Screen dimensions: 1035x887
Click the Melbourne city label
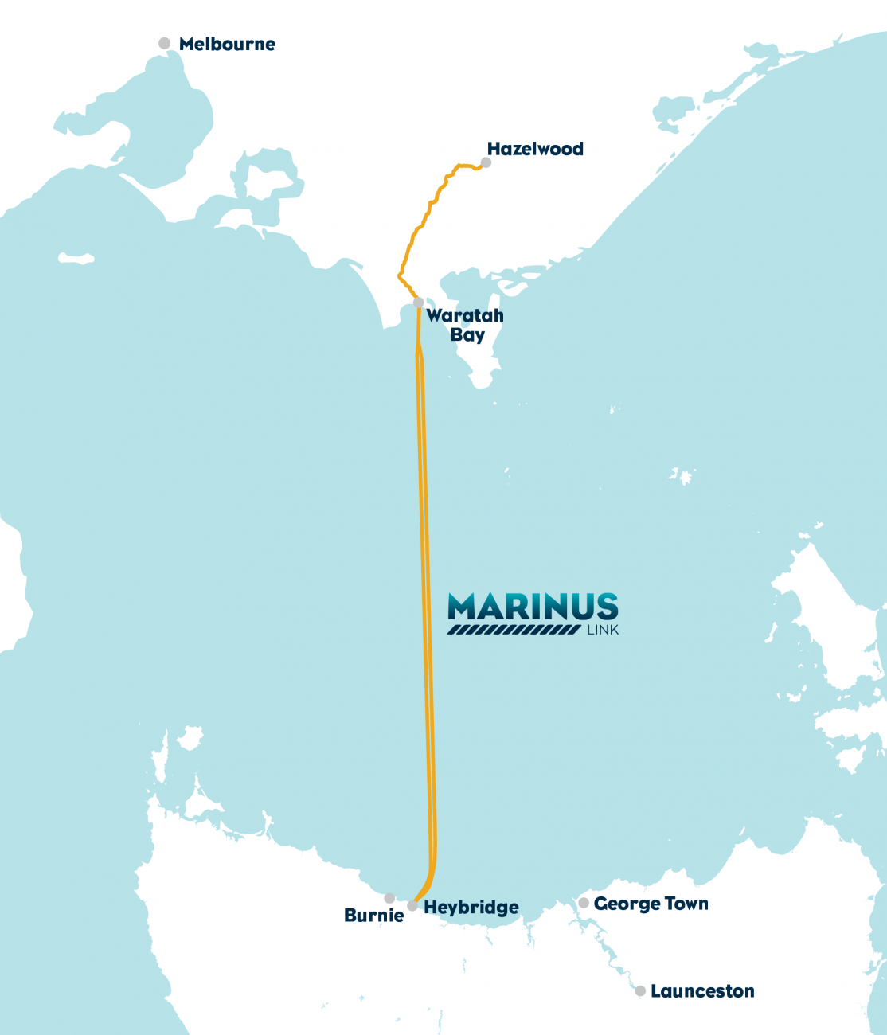tap(227, 45)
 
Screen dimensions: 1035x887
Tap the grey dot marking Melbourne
tap(165, 44)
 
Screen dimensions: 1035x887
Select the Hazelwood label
tap(535, 149)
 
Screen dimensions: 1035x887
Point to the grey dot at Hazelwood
tap(486, 163)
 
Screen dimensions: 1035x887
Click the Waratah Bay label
tap(465, 325)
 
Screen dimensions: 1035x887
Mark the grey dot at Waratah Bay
tap(418, 303)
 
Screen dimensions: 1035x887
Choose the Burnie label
tap(373, 916)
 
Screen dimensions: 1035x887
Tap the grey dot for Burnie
tap(389, 898)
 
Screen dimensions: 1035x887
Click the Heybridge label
tap(471, 908)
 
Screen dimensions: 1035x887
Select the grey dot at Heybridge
tap(412, 906)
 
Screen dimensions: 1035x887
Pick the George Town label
tap(651, 904)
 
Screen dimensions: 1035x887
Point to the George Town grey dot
tap(584, 903)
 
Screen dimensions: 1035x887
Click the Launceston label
tap(702, 991)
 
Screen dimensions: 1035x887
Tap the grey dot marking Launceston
tap(640, 991)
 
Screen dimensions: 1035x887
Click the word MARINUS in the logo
tap(533, 607)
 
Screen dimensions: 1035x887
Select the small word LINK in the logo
tap(603, 631)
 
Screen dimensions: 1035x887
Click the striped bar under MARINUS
tap(514, 630)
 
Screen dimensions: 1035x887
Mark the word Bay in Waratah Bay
tap(467, 335)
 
